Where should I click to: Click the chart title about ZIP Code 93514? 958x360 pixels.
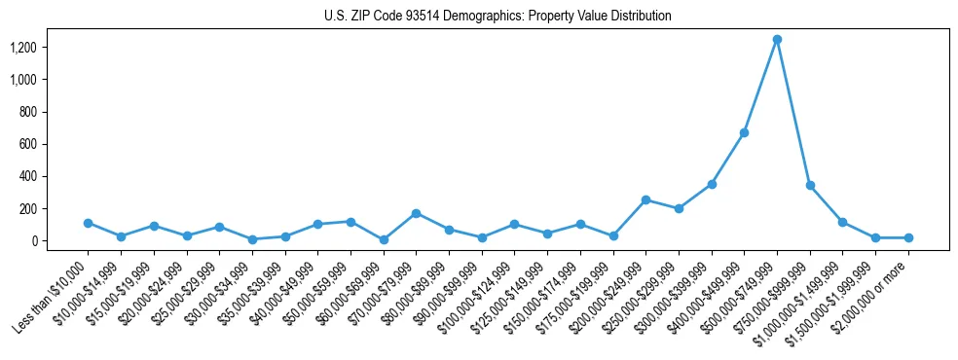click(x=497, y=16)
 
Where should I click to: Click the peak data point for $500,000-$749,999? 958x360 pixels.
click(x=777, y=40)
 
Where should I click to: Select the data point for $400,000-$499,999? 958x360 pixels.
click(x=744, y=132)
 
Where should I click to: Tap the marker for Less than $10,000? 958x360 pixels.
click(x=88, y=223)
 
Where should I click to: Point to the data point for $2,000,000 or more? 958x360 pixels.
click(x=908, y=237)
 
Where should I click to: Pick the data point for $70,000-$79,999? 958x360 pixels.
click(x=416, y=213)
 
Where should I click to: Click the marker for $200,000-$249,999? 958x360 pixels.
click(x=645, y=199)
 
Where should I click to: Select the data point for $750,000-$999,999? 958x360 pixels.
click(x=810, y=185)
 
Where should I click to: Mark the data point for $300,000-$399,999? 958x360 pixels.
click(x=712, y=184)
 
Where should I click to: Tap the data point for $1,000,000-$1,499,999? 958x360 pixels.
click(x=842, y=222)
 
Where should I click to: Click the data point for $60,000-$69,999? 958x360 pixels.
click(x=383, y=239)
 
